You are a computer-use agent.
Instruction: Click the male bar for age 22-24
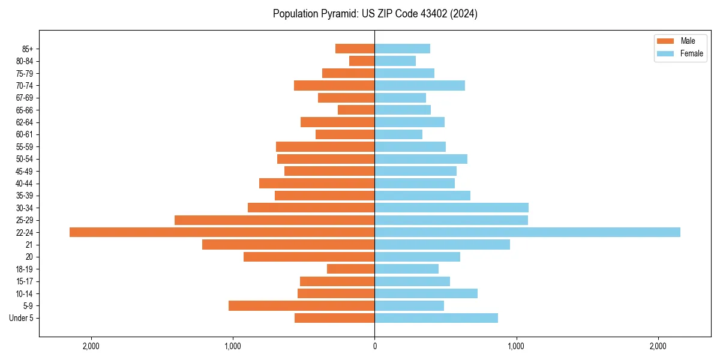222,232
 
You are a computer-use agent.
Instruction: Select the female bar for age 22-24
527,232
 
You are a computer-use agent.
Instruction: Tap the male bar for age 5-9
302,305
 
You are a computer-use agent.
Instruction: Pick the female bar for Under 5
436,318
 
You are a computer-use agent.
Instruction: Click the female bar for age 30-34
452,208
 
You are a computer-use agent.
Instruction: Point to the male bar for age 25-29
275,220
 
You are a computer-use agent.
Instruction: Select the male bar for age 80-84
362,61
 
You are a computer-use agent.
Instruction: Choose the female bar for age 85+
403,49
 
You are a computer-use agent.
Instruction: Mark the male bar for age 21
289,244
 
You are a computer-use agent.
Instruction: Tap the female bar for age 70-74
420,85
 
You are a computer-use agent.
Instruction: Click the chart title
375,14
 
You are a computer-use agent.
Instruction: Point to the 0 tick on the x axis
374,346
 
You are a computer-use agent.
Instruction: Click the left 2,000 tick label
91,346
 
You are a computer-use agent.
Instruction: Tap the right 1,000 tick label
517,346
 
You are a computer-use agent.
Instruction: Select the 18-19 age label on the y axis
25,269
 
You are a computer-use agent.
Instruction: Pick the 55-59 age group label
25,147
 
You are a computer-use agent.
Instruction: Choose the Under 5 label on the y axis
22,318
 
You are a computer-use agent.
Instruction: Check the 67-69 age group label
25,98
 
